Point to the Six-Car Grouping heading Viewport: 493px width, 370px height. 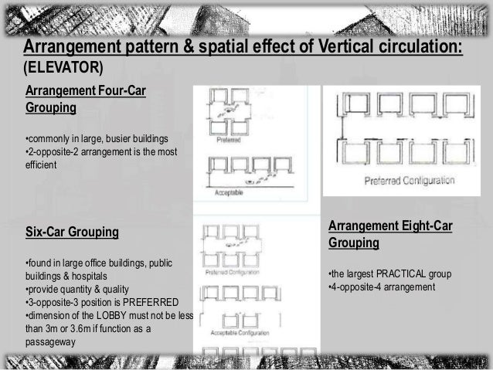[73, 231]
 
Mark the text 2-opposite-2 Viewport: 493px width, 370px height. [53, 151]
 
